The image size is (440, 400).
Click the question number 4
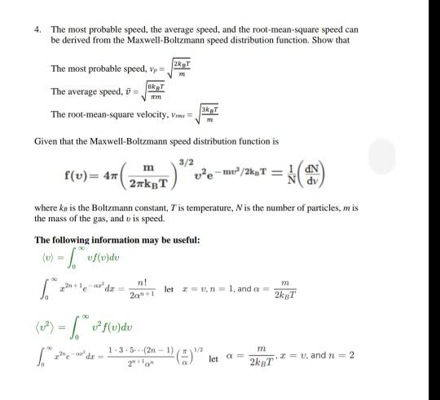(x=37, y=29)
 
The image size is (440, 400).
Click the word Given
(x=46, y=140)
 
